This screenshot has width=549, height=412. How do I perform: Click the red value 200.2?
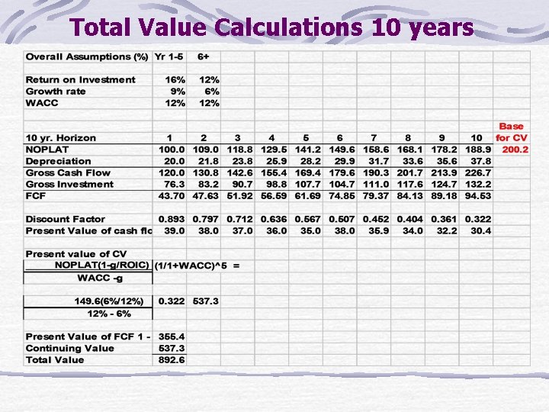(515, 150)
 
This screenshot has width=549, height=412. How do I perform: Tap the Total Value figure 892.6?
(172, 360)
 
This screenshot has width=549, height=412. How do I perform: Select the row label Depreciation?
(58, 161)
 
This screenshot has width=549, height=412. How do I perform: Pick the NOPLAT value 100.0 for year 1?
(172, 150)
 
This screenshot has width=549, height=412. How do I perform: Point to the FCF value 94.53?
(478, 196)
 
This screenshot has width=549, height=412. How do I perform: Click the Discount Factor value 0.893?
(172, 219)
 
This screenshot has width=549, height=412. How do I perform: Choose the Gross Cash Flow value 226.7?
(478, 172)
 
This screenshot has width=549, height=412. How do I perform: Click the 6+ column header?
(204, 56)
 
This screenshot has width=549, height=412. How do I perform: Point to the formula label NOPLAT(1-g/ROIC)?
(102, 266)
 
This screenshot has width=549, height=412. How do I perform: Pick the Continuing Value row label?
(70, 349)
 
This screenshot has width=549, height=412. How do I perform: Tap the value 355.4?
(172, 336)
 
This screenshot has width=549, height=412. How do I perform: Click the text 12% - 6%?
(109, 313)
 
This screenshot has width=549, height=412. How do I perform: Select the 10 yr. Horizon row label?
(61, 138)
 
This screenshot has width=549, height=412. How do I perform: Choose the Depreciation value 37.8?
(480, 161)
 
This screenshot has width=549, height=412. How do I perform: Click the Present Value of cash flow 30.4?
(480, 230)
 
